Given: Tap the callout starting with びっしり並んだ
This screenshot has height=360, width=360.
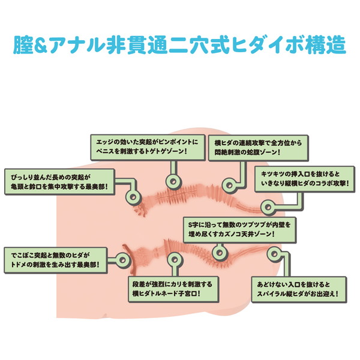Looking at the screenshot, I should [x=58, y=182].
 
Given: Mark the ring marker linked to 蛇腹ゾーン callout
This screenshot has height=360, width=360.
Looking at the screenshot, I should [x=227, y=184].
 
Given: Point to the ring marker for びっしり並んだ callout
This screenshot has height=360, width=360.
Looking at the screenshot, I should [x=131, y=196].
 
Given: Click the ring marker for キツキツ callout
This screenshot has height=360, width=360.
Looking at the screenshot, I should [x=268, y=206].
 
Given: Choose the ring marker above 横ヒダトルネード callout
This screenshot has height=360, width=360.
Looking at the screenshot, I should [x=173, y=260].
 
